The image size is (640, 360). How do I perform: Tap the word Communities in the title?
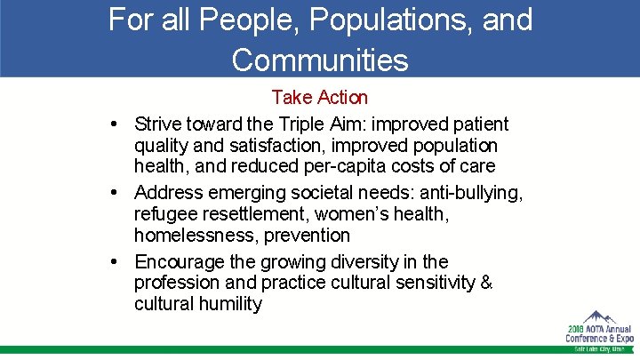(x=320, y=59)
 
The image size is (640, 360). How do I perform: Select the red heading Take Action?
(x=319, y=96)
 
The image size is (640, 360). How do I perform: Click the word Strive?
(x=158, y=124)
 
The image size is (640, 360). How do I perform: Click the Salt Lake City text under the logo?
(x=601, y=348)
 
